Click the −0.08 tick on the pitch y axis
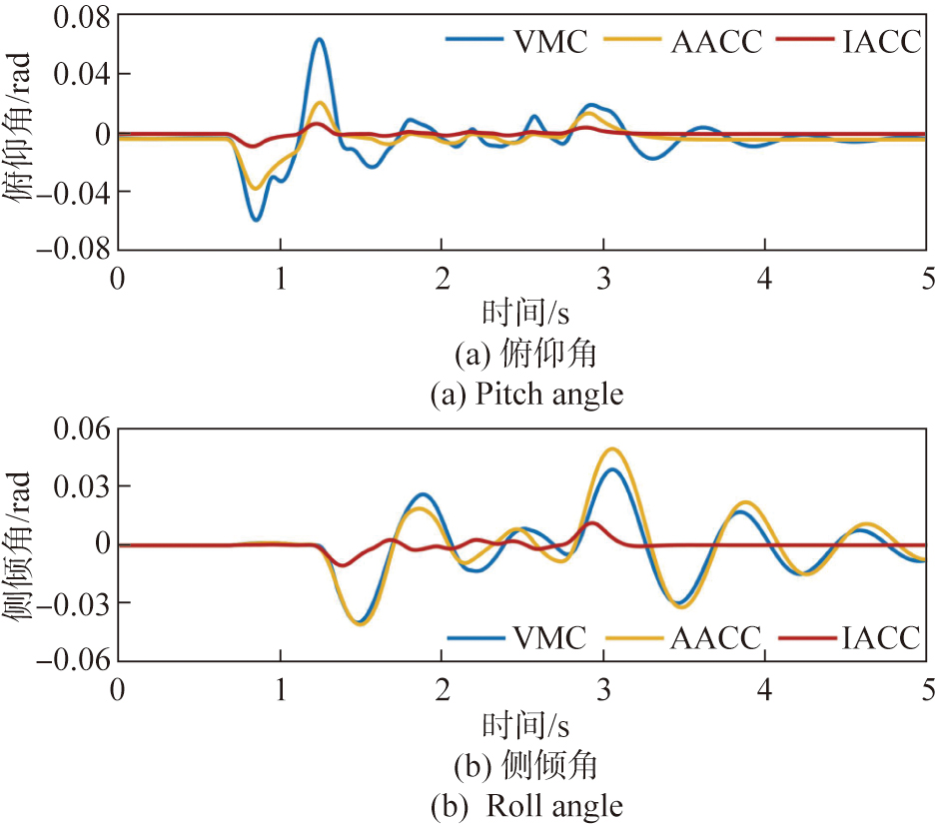(65, 249)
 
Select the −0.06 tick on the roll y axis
(65, 660)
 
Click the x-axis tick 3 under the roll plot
(603, 688)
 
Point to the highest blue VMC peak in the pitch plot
(319, 40)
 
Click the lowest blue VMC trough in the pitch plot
(257, 219)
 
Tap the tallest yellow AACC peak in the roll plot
(612, 449)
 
